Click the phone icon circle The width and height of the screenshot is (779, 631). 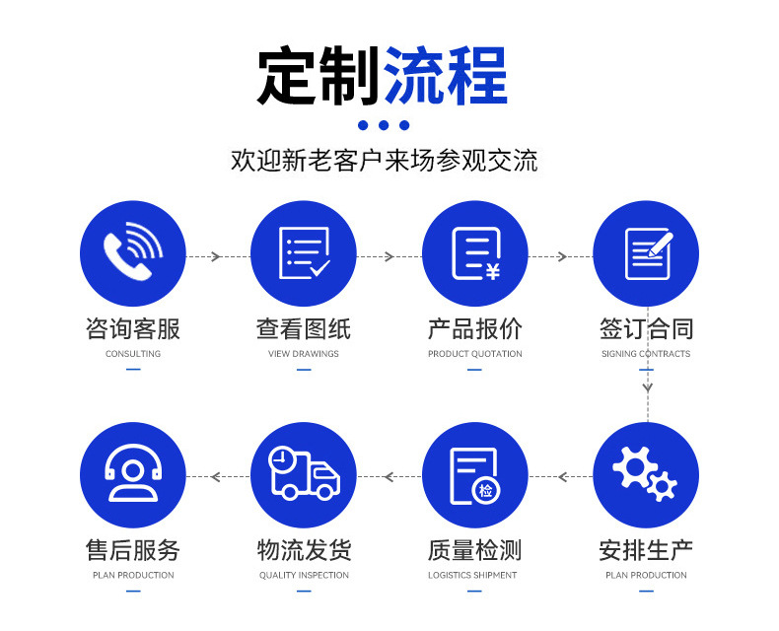click(133, 253)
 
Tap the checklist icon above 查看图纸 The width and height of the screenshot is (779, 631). click(304, 253)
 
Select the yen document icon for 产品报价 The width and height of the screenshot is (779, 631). click(475, 253)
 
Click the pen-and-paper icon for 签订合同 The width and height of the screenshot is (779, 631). click(646, 253)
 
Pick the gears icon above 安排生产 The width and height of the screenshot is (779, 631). click(646, 475)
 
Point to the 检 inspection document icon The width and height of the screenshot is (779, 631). click(475, 475)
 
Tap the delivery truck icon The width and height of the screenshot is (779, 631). click(304, 475)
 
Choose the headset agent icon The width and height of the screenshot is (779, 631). click(133, 475)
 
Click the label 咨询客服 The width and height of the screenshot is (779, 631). click(133, 328)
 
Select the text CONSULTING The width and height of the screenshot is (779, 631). click(133, 354)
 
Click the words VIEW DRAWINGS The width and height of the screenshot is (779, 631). click(304, 354)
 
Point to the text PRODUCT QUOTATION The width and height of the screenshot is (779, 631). click(475, 354)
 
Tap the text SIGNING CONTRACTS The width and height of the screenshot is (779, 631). click(646, 354)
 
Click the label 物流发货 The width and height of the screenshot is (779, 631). click(304, 550)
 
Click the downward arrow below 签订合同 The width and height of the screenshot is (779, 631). click(647, 386)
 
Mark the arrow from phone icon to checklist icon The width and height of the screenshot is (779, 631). click(218, 256)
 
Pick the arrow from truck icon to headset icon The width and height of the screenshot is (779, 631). click(218, 476)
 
